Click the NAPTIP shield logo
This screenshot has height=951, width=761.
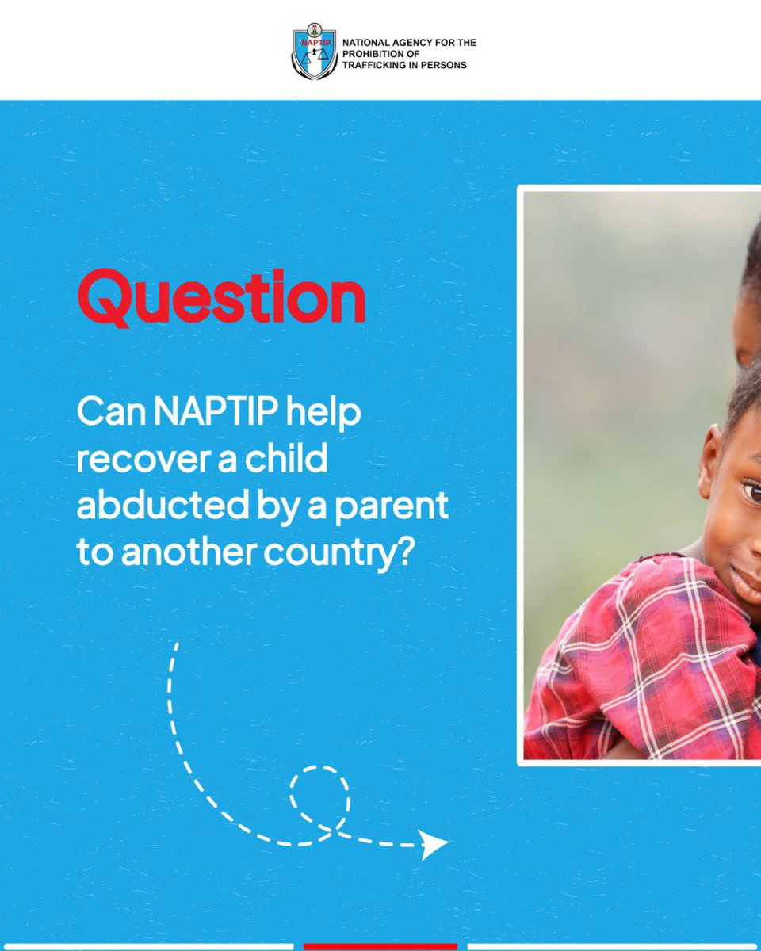tap(314, 53)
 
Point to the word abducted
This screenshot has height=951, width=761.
tap(147, 506)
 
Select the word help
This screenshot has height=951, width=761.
tap(323, 414)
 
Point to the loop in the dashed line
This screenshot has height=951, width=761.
tap(319, 796)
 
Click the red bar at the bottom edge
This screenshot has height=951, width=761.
tap(380, 946)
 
